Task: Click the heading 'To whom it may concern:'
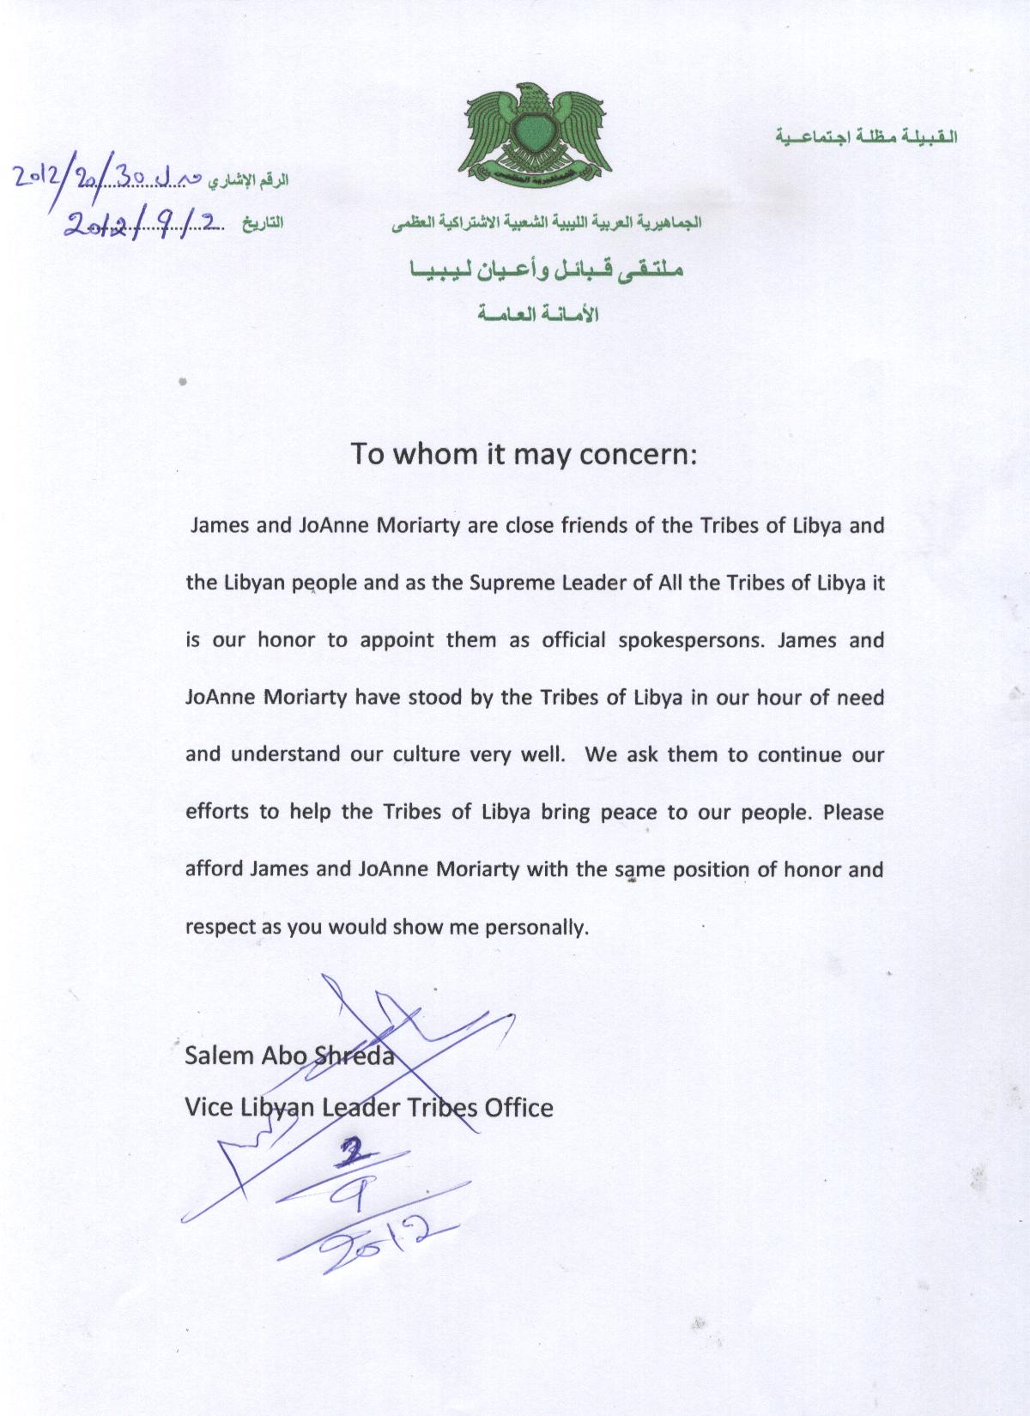tap(524, 453)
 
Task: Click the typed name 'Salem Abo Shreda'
tap(289, 1056)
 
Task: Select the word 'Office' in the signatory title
tap(518, 1108)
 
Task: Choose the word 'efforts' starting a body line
tap(217, 812)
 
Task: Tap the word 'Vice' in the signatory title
tap(209, 1108)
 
